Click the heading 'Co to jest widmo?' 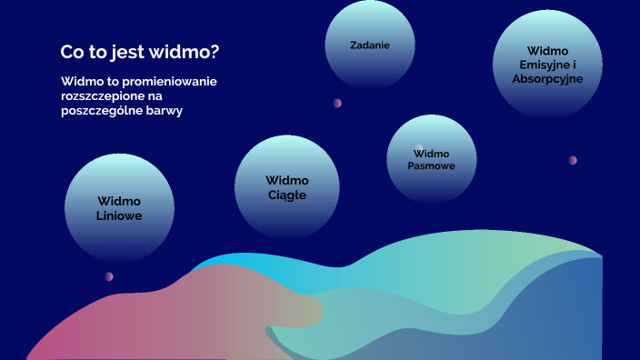139,52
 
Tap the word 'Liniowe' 119,216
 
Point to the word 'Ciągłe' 287,195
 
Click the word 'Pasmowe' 431,166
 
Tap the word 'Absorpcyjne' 547,78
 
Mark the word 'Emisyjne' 542,65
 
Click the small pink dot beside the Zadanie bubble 337,103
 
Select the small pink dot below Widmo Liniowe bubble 108,276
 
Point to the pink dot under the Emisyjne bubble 573,160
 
